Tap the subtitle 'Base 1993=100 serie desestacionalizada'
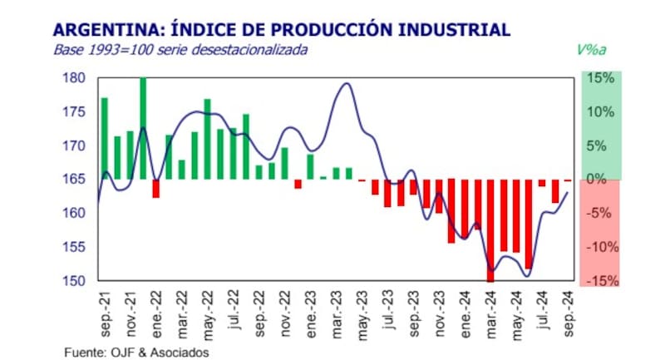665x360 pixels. (180, 50)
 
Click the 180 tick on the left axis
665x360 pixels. (75, 78)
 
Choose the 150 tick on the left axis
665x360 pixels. (75, 281)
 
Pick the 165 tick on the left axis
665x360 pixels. (75, 180)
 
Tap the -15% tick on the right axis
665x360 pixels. (600, 281)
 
